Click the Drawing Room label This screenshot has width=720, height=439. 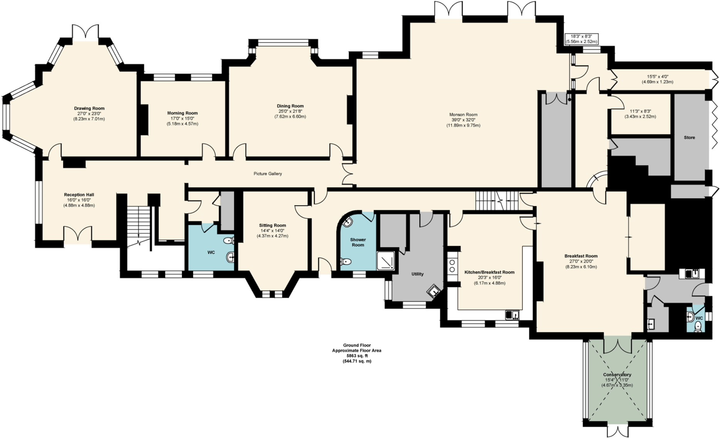(89, 109)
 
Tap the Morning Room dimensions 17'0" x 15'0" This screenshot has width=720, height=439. (182, 119)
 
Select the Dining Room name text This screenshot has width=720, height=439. (290, 106)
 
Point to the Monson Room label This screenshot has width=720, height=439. (463, 114)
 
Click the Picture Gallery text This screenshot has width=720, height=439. (267, 174)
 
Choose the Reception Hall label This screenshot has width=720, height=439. (79, 195)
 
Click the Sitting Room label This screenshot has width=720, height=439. (272, 225)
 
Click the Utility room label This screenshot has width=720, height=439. (417, 274)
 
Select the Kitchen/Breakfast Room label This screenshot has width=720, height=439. (489, 272)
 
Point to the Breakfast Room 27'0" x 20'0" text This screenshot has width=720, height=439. (581, 261)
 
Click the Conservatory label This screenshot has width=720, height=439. (617, 375)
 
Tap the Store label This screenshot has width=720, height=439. (689, 137)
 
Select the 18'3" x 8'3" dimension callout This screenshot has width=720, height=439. (581, 39)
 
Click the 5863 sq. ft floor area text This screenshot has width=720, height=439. (357, 356)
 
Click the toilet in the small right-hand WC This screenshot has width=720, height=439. (698, 327)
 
